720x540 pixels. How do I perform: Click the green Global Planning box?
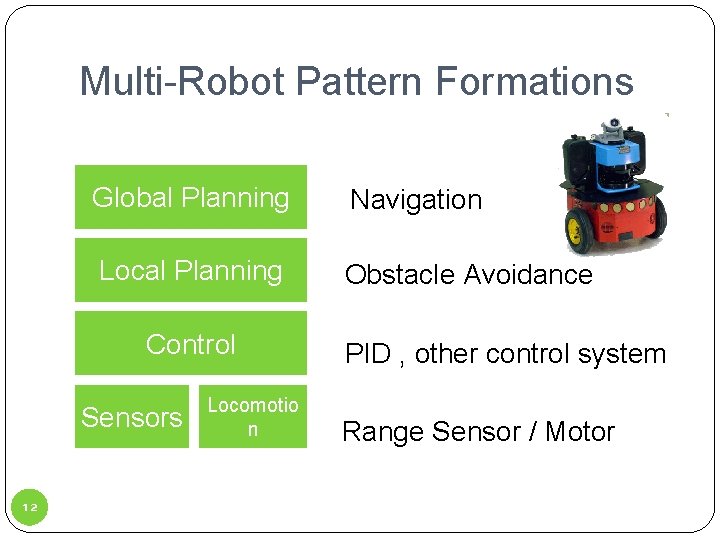[190, 198]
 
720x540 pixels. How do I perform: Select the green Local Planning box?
[190, 271]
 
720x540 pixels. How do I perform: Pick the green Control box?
[190, 344]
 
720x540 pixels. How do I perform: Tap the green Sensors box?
[131, 417]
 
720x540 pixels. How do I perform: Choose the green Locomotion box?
[252, 417]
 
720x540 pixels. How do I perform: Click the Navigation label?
[416, 200]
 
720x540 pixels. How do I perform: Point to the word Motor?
[580, 432]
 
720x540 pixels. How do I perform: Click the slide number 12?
[29, 508]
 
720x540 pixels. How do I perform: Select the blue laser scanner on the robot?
[609, 165]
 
